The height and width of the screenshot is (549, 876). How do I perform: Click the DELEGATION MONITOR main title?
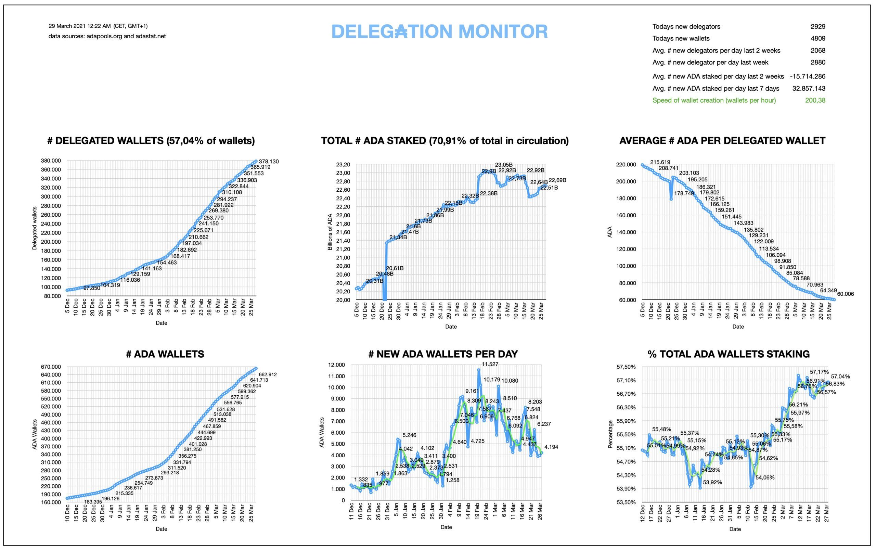click(x=439, y=31)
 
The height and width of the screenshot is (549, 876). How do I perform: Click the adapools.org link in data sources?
click(x=104, y=36)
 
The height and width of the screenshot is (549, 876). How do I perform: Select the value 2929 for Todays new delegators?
click(x=817, y=26)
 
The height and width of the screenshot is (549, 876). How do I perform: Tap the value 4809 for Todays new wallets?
click(x=817, y=38)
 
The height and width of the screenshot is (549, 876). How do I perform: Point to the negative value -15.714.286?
click(x=807, y=77)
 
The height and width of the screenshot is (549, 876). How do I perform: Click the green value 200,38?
click(x=815, y=101)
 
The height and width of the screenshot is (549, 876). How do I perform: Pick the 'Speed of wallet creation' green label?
click(x=714, y=101)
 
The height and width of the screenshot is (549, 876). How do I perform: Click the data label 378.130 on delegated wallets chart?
click(x=269, y=162)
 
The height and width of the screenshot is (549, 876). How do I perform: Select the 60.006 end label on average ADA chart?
click(x=845, y=294)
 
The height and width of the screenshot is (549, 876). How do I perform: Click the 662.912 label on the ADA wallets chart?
click(x=268, y=374)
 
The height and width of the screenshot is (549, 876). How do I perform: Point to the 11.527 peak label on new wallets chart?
click(x=490, y=364)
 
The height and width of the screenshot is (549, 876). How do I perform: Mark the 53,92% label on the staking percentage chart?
click(x=712, y=483)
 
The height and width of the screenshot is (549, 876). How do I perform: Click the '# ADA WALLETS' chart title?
click(x=165, y=354)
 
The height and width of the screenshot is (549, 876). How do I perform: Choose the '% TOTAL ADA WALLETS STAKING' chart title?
click(x=728, y=354)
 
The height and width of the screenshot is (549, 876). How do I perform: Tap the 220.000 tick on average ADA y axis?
click(x=626, y=165)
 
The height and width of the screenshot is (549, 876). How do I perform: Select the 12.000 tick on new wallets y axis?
click(x=335, y=365)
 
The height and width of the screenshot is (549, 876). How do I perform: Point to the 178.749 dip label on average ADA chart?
click(x=684, y=193)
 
